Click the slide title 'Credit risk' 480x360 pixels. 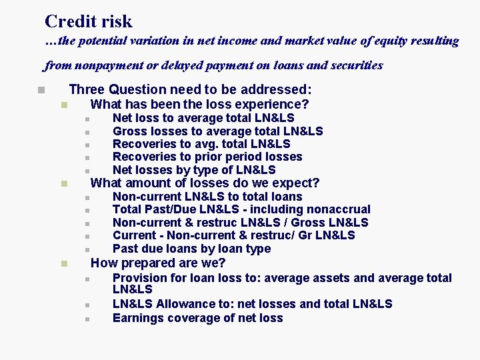pos(88,21)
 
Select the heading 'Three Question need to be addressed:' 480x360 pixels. pos(190,89)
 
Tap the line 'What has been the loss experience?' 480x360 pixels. pos(199,104)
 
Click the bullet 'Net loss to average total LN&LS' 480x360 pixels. pos(203,118)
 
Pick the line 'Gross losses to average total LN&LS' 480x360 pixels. pos(217,131)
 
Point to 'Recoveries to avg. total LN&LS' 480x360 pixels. pos(201,144)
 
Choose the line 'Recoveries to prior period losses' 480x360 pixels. pos(207,157)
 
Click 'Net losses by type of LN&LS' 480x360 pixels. pos(194,170)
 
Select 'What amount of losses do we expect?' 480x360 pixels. pos(205,183)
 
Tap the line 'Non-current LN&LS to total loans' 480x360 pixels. pos(207,197)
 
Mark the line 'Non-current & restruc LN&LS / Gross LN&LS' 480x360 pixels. pos(240,223)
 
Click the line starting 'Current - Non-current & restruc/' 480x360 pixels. pos(233,235)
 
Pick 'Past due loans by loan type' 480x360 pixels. pos(191,249)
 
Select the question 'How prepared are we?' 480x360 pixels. pos(158,263)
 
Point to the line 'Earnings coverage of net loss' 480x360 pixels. pos(197,318)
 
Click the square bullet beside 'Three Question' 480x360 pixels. pos(41,90)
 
